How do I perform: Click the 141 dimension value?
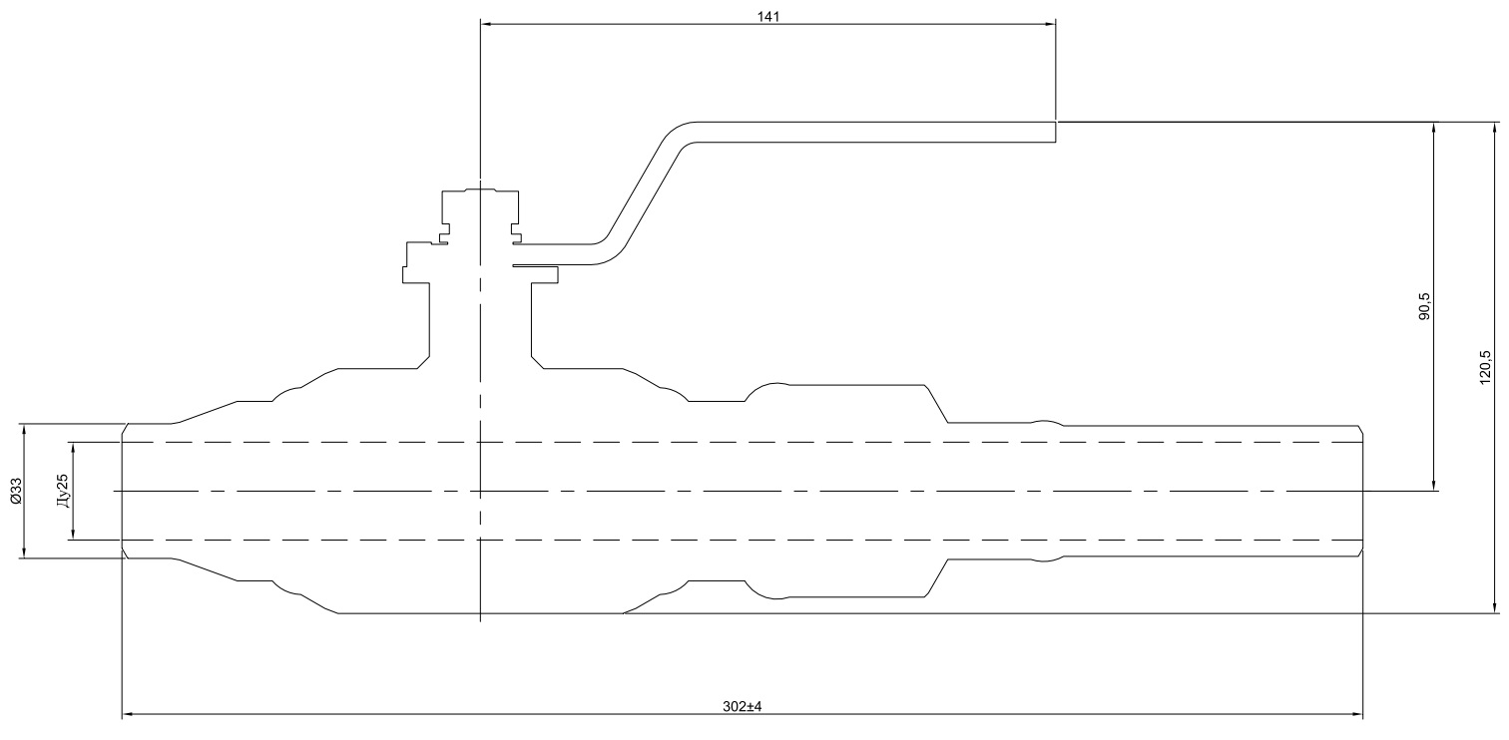[x=768, y=17]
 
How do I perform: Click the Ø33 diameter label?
[x=15, y=491]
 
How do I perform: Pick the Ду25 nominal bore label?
[x=62, y=491]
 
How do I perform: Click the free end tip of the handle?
[x=1054, y=133]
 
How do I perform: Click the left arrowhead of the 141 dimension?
[x=486, y=24]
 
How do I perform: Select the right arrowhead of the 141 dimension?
[x=1050, y=24]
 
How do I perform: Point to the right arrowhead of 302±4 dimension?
[x=1357, y=714]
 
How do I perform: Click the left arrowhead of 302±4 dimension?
[x=128, y=714]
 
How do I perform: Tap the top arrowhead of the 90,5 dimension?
[x=1434, y=129]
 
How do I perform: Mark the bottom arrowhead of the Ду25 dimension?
[x=72, y=535]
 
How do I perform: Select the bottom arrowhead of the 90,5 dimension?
[x=1434, y=485]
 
